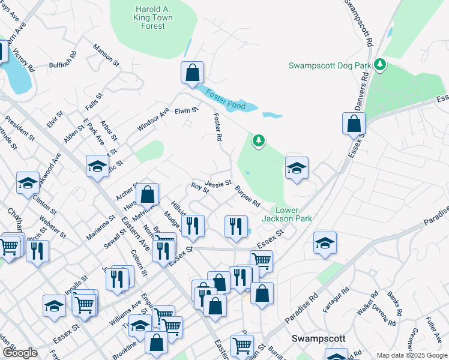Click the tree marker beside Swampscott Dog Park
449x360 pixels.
(379, 64)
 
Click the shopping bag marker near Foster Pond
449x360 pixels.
(192, 73)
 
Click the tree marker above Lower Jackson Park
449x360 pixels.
(259, 141)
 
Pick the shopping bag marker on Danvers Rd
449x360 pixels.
(354, 124)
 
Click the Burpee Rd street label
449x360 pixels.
(247, 196)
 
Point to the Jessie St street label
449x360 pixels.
(218, 182)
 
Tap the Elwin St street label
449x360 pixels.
(186, 110)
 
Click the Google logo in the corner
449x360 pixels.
(20, 353)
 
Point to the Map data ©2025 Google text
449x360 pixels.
(411, 356)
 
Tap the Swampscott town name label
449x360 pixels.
(319, 338)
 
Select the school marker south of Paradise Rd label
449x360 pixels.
(325, 244)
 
